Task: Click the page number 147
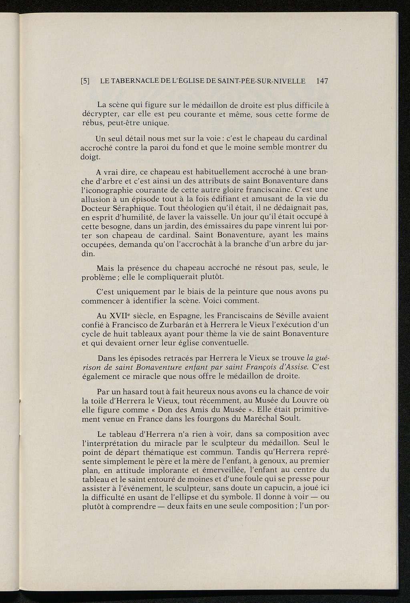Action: pos(322,81)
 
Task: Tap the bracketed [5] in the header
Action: pos(85,81)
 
